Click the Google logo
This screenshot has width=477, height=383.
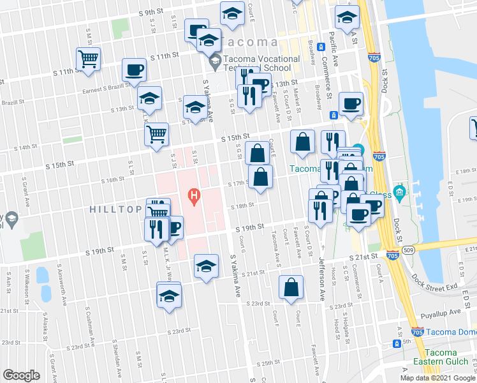[21, 375]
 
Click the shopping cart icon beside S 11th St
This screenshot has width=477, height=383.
[88, 59]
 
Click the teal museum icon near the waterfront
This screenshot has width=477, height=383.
[400, 191]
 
